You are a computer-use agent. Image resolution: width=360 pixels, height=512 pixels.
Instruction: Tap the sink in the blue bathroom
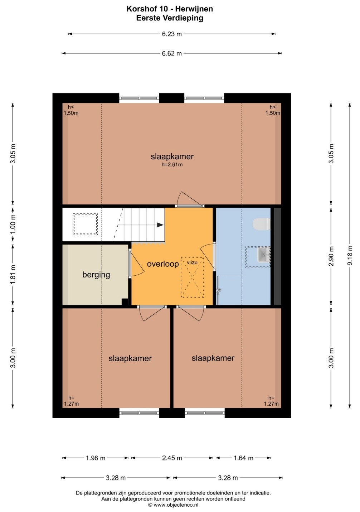tap(264, 255)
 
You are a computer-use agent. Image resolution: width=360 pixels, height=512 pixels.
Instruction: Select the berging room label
tap(96, 275)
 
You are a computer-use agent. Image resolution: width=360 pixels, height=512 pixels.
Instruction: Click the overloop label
tap(162, 264)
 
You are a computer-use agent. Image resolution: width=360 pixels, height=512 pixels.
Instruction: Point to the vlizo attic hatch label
tap(192, 263)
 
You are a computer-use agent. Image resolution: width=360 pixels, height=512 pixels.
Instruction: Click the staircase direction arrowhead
tap(160, 225)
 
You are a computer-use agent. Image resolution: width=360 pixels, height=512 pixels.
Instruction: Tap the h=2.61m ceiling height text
tap(172, 165)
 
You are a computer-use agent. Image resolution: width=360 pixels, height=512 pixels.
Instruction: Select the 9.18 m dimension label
tap(350, 255)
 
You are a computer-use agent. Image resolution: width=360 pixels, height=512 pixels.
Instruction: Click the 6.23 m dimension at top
tap(172, 34)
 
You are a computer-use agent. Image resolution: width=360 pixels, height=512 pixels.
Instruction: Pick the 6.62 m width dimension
tap(172, 53)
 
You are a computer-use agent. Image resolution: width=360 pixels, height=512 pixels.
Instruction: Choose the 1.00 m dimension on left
tap(13, 223)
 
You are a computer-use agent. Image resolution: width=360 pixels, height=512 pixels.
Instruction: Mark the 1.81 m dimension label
tap(13, 275)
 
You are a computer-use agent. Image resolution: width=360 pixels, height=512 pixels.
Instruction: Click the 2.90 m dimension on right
tap(331, 256)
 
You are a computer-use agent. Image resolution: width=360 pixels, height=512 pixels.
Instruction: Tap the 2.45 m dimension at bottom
tap(172, 458)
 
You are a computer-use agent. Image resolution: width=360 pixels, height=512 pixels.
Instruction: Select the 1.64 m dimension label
tap(243, 458)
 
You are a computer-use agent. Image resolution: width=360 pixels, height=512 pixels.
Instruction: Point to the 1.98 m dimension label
tap(96, 458)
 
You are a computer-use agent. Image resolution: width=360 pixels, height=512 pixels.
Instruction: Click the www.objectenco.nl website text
tap(176, 505)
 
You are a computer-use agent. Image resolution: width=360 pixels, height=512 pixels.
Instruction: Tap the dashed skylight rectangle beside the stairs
tap(85, 224)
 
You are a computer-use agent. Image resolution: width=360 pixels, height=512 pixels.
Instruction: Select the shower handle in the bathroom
tap(219, 290)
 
